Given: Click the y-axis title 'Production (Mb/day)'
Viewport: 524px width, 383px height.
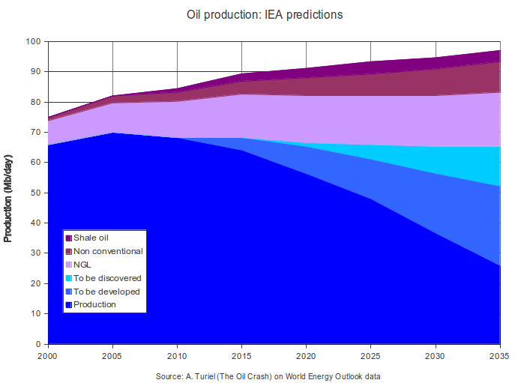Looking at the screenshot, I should point(8,193).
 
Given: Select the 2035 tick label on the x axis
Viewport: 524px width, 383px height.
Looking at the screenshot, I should point(499,356).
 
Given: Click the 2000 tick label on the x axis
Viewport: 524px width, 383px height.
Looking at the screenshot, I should point(48,356).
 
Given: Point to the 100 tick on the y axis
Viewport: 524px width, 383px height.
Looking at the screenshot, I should point(34,41).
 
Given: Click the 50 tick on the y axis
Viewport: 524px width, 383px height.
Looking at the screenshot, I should point(36,193).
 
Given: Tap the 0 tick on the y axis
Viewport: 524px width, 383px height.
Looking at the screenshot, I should point(39,345).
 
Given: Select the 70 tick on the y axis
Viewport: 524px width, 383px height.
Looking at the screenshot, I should point(36,133).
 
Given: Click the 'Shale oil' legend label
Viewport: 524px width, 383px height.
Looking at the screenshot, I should point(91,238).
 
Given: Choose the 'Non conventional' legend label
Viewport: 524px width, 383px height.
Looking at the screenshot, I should point(108,251).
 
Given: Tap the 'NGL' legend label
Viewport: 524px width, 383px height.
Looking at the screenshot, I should point(83,265).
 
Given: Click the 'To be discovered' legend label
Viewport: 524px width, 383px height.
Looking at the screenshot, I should point(107,278).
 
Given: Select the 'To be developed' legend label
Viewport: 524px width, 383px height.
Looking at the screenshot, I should point(106,292).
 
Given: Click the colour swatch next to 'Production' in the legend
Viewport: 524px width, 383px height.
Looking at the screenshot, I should point(68,305).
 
